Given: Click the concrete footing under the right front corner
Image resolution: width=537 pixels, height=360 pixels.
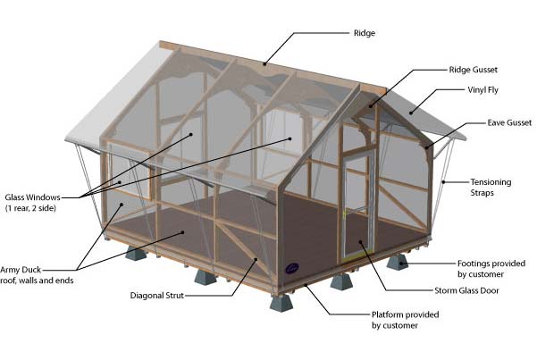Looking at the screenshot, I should pos(397,263).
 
